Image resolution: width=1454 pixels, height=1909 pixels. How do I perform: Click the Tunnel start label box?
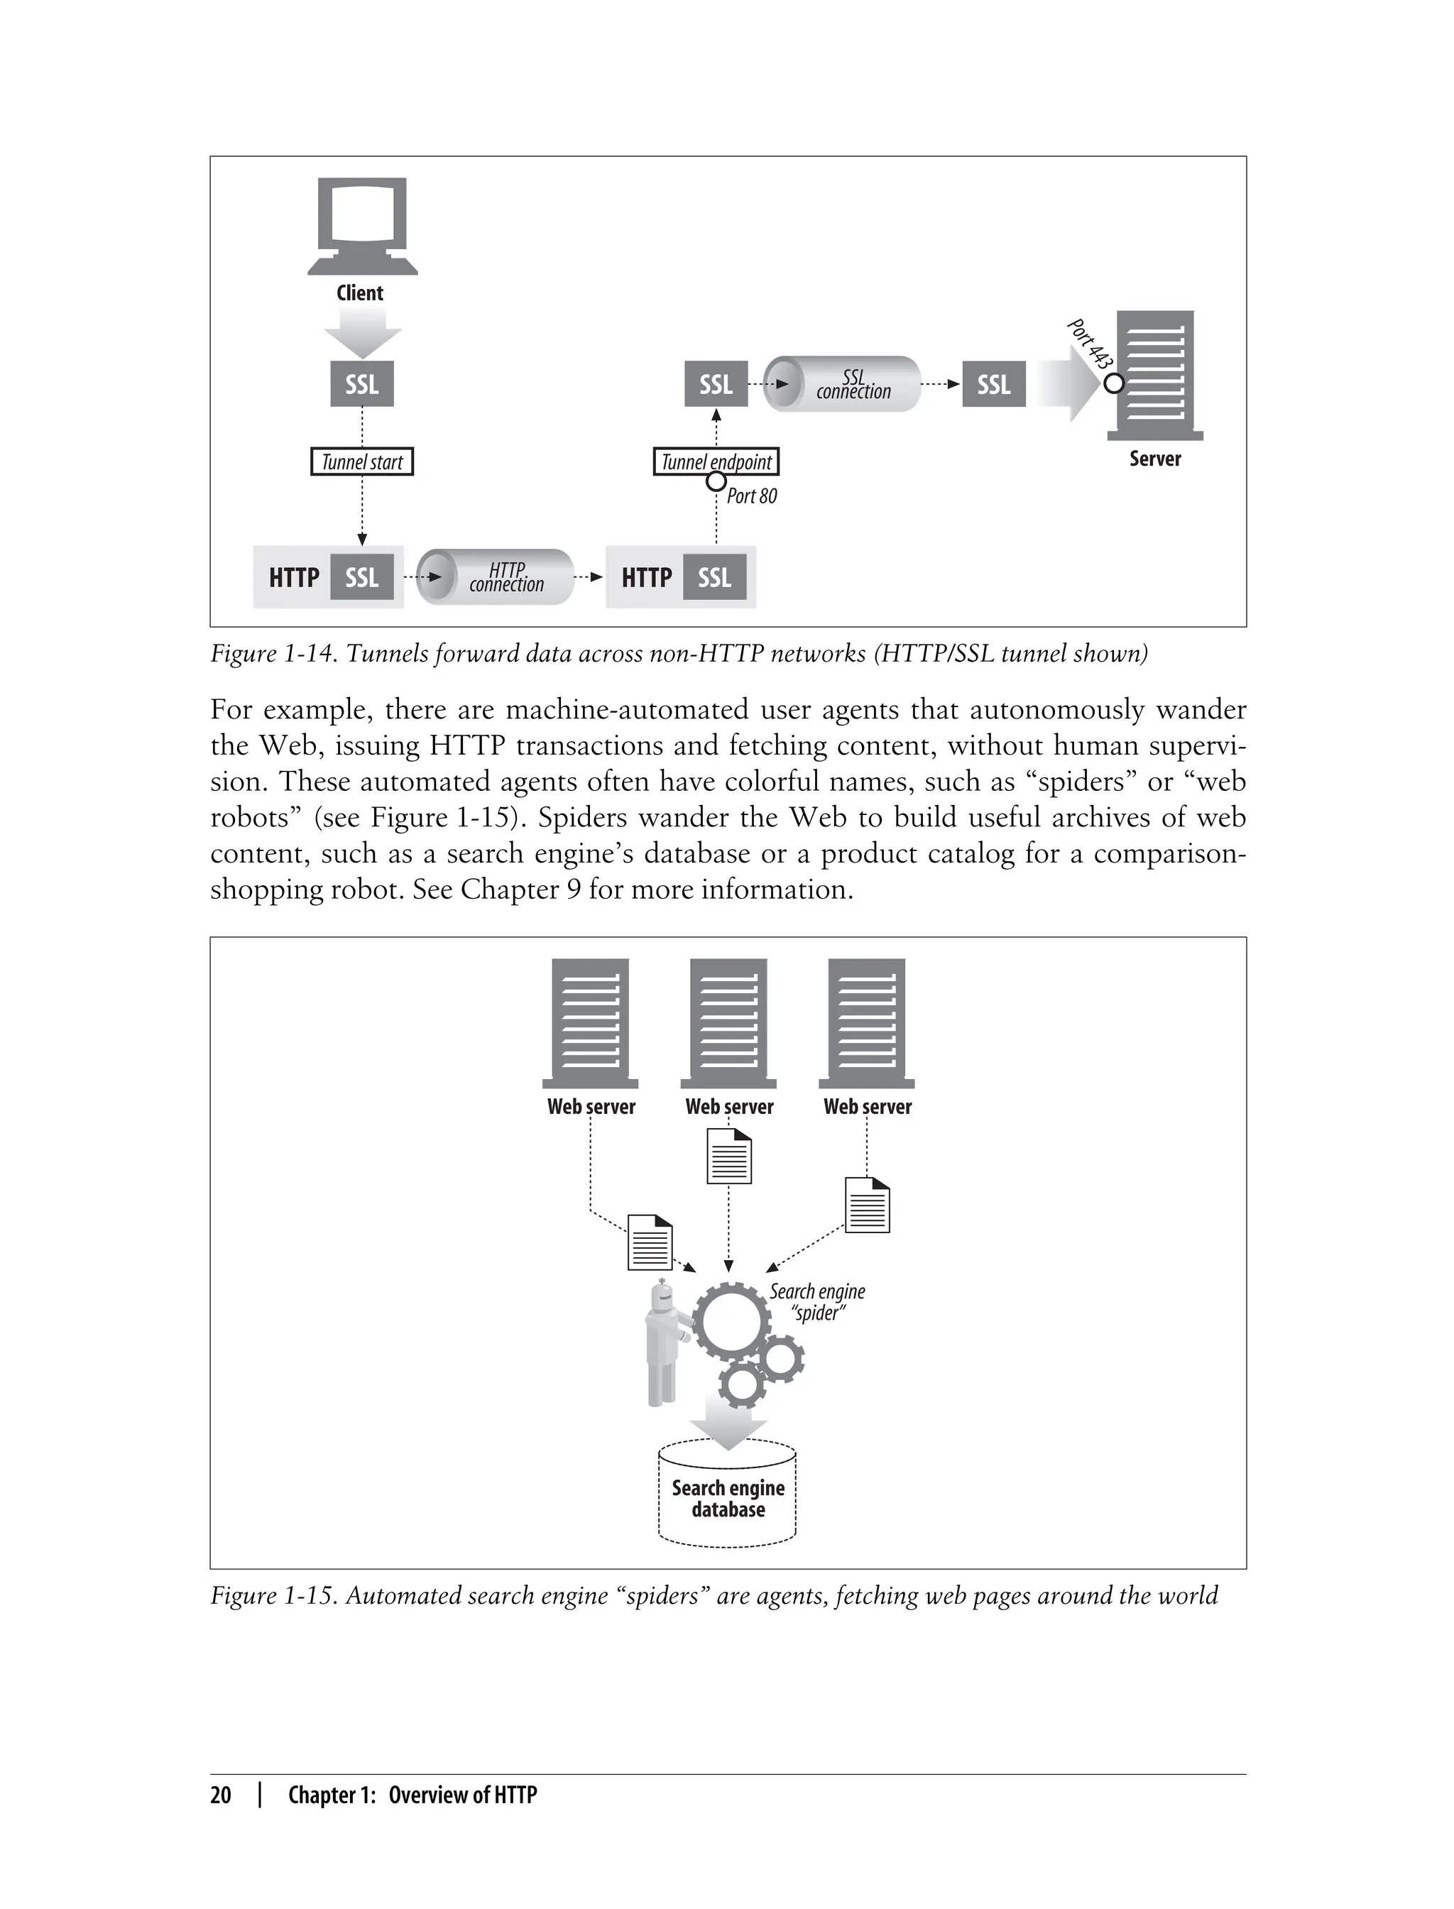[362, 461]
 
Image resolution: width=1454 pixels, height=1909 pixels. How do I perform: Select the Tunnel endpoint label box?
[716, 461]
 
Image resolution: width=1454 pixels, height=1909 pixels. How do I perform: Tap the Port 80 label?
[751, 496]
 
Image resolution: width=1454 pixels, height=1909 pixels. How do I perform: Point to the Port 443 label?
[1089, 344]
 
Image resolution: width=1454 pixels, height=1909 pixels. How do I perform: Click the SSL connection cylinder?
[843, 383]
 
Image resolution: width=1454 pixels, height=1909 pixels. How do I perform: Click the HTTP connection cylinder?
[495, 576]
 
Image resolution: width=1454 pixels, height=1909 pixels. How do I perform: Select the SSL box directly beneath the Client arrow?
[362, 383]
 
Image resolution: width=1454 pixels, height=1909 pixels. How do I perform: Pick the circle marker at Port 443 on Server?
[1114, 383]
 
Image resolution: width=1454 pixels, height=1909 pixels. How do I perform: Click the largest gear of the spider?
[731, 1320]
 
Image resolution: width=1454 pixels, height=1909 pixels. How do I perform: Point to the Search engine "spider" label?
[817, 1301]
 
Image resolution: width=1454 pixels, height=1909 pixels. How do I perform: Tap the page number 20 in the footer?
[221, 1795]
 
